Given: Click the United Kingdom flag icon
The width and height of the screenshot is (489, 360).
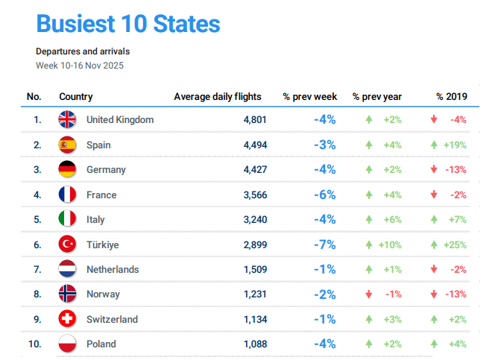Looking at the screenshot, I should click(68, 119).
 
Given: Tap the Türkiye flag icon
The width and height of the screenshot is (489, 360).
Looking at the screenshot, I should click(68, 244).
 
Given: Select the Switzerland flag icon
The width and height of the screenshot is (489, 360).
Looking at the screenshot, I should click(68, 319).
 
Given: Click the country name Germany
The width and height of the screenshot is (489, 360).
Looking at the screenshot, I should click(106, 169).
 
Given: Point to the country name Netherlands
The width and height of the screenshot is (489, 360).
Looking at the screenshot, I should click(113, 269).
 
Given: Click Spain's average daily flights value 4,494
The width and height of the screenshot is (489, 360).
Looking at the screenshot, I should click(254, 145).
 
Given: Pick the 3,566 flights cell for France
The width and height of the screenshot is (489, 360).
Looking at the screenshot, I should click(254, 195).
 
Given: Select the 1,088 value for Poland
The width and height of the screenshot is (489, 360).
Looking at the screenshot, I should click(254, 344).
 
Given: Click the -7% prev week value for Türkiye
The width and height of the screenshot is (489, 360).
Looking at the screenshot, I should click(324, 244).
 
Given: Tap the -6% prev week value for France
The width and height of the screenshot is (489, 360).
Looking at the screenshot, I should click(324, 195).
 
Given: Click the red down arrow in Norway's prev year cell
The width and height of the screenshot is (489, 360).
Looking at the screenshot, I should click(368, 294).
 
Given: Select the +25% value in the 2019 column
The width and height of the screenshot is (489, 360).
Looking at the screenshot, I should click(455, 244).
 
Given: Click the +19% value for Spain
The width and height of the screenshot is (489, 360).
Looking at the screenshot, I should click(455, 145).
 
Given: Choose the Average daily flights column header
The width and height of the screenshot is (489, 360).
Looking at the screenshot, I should click(218, 96).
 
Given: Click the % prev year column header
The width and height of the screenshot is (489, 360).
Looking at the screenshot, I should click(377, 96).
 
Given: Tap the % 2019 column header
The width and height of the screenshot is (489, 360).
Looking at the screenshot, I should click(452, 96).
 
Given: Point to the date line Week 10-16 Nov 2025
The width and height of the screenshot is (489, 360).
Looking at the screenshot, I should click(80, 66).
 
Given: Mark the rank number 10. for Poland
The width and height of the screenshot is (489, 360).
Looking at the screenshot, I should click(34, 344).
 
